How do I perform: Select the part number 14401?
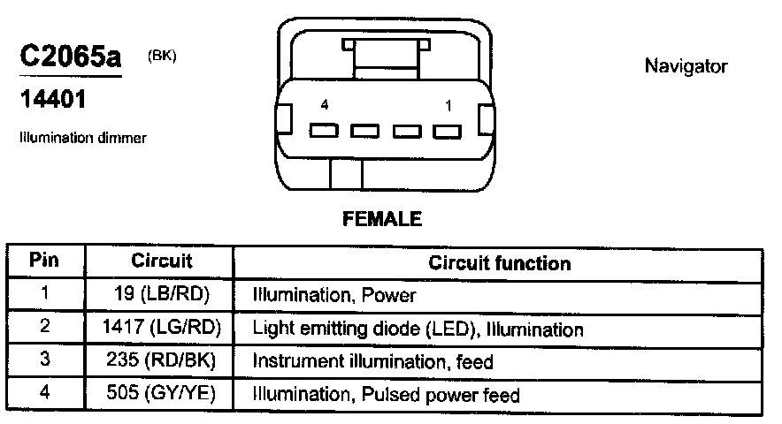point(52,101)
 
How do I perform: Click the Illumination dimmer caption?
point(82,138)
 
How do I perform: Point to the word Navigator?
point(686,66)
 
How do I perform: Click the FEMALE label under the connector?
point(381,219)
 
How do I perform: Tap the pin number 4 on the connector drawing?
point(325,105)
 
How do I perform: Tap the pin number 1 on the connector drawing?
point(448,105)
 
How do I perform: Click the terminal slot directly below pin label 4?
point(323,132)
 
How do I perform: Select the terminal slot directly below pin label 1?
point(448,132)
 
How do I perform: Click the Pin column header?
point(45,262)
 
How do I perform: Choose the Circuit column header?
point(162,262)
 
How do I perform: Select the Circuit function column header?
point(499,263)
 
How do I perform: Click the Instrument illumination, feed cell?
point(372,361)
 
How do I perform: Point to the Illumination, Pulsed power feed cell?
point(386,395)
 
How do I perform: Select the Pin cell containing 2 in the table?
point(45,328)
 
